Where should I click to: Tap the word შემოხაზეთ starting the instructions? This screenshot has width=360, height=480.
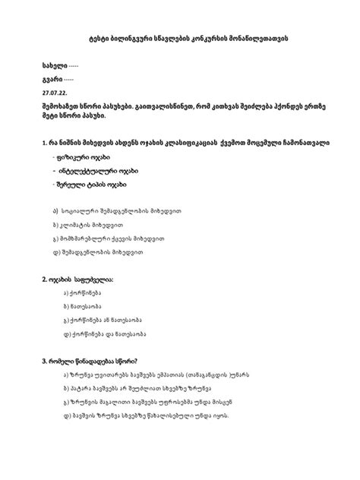(59, 105)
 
